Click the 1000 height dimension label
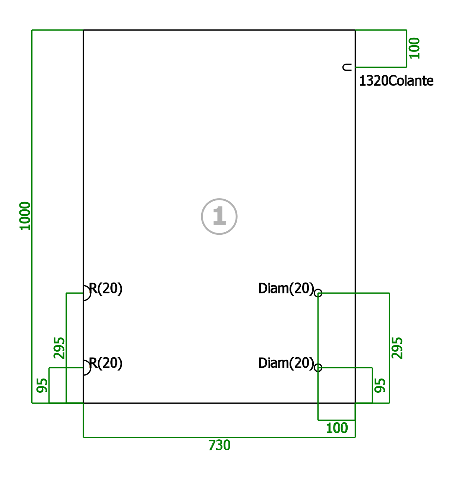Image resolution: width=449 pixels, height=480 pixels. [x=25, y=216]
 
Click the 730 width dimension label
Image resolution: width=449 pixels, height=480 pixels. [x=219, y=445]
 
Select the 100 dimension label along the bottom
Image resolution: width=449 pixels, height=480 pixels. [x=336, y=428]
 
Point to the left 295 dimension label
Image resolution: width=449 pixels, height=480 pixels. [x=59, y=348]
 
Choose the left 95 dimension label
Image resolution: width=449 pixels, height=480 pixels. [x=42, y=385]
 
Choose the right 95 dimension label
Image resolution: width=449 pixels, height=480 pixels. [x=380, y=385]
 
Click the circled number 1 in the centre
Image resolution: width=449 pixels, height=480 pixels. [x=219, y=216]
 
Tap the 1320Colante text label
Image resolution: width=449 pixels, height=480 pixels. [x=396, y=81]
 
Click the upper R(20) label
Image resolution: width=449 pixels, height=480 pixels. [x=106, y=289]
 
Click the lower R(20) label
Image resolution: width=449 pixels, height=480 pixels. [x=106, y=363]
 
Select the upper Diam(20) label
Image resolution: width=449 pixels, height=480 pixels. [x=286, y=289]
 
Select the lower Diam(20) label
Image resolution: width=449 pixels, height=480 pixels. [x=286, y=363]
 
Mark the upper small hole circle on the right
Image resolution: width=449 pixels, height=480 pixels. [x=318, y=289]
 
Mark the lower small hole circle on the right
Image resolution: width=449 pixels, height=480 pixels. [x=318, y=364]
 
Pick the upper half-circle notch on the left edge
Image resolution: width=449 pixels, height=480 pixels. [x=91, y=293]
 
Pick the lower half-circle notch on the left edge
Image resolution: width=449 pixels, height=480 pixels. [x=91, y=368]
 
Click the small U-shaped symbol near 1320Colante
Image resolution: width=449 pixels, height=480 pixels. [x=343, y=67]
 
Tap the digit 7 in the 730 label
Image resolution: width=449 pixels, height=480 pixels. [x=212, y=445]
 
